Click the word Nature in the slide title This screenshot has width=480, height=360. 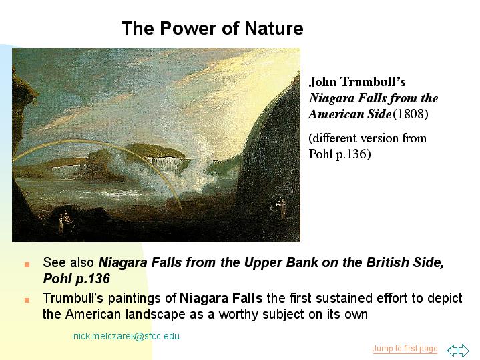274,28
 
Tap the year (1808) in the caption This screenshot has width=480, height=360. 410,114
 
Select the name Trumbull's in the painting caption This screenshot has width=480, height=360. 373,81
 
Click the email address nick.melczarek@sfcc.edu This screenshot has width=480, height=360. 126,336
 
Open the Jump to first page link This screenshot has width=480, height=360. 405,349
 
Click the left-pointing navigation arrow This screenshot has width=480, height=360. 453,350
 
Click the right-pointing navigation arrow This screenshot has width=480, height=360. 464,350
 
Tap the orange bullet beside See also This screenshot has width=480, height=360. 27,264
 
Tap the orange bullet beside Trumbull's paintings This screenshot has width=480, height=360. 27,300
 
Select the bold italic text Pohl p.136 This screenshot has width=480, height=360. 76,279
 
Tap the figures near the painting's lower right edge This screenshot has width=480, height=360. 280,208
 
